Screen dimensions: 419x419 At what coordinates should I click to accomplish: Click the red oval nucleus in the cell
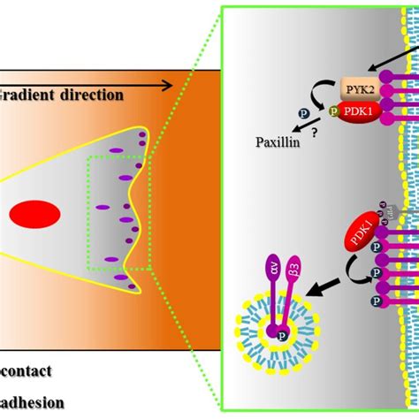(x=35, y=214)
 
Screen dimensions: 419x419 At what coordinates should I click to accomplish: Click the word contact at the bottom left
(x=27, y=371)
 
